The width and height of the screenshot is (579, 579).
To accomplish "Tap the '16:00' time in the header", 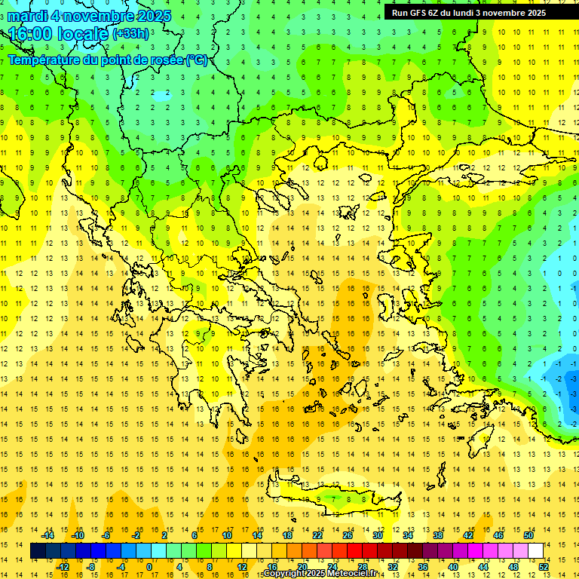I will (x=33, y=34).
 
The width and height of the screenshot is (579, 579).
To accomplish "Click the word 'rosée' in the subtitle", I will (x=161, y=60).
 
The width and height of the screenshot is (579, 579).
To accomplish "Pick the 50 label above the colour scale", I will (x=528, y=535).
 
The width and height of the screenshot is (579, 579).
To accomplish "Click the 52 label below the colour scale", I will (x=544, y=566).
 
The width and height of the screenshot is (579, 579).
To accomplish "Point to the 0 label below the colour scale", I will (x=149, y=566).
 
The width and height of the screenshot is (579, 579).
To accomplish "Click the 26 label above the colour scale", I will (x=348, y=535).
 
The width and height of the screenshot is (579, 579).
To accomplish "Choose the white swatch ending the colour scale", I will (x=535, y=551).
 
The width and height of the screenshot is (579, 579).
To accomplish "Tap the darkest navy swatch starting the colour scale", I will (x=38, y=551).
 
